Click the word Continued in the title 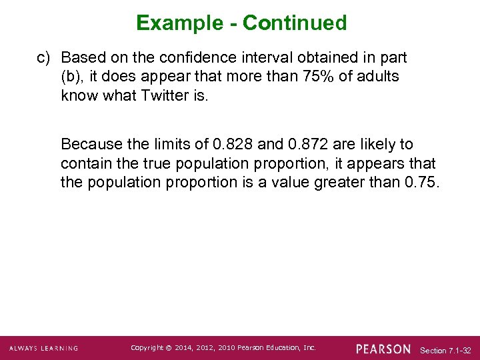click(295, 23)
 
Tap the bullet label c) click(43, 58)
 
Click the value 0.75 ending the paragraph click(421, 182)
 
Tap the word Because click(90, 145)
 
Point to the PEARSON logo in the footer click(383, 349)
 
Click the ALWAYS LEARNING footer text click(43, 349)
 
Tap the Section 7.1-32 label click(446, 350)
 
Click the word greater click(357, 182)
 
